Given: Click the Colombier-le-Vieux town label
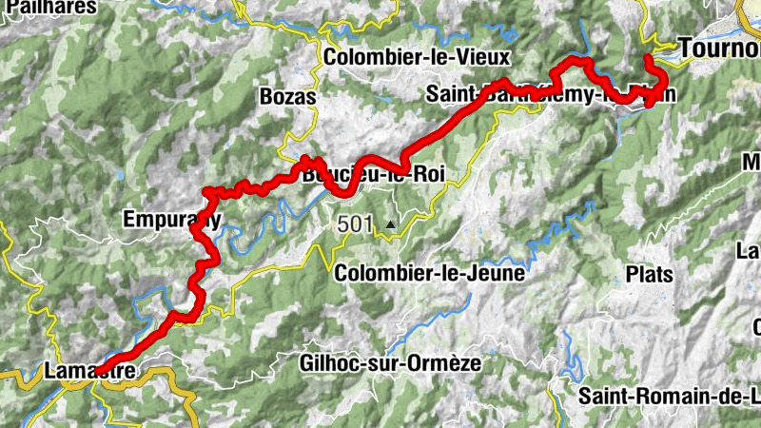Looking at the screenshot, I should point(417,57).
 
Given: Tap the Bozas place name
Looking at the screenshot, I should point(287,97).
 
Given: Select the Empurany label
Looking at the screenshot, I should point(172,221).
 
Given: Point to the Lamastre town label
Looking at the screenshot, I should point(85,371).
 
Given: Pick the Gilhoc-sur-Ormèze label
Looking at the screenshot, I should point(402,362).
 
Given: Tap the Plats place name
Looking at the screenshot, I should point(650,274).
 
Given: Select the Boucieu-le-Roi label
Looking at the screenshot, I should point(372,176).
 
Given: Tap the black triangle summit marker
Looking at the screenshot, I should point(390,226).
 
